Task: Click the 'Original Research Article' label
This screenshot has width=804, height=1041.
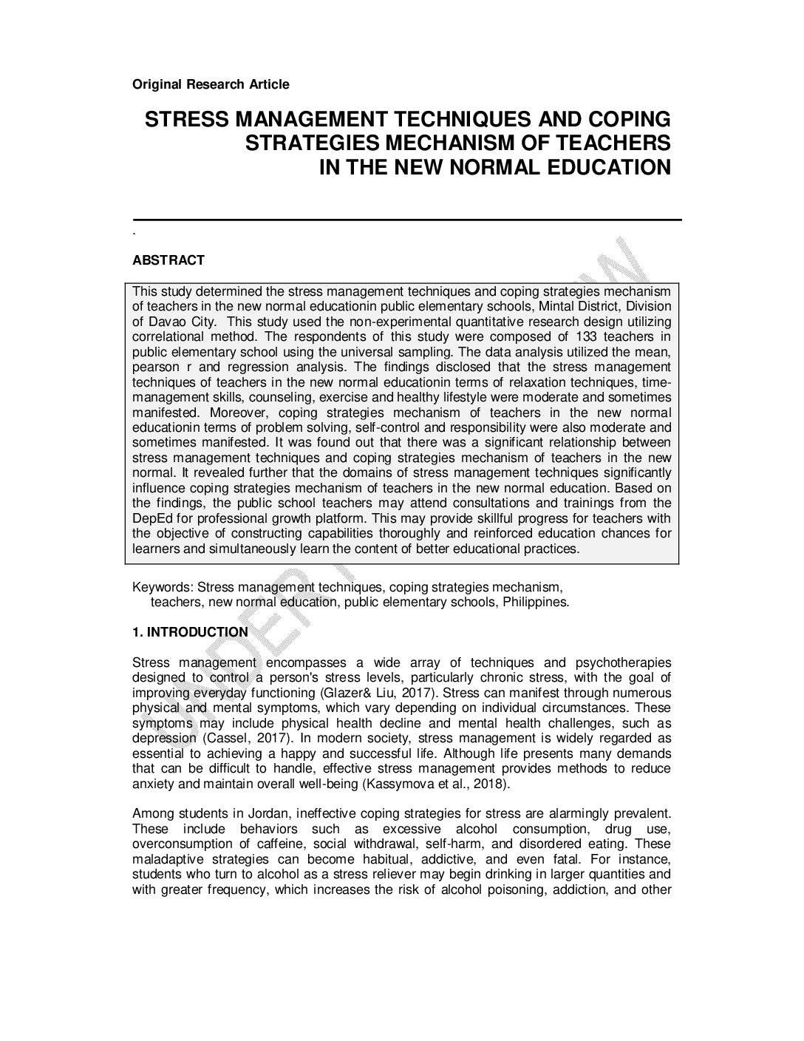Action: pos(211,84)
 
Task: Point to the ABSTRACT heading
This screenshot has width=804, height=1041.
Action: pos(168,260)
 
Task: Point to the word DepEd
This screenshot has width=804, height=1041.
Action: pos(151,518)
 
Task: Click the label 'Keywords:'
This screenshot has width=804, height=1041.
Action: pos(163,588)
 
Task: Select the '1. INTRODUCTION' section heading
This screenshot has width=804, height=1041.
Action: pos(190,632)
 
